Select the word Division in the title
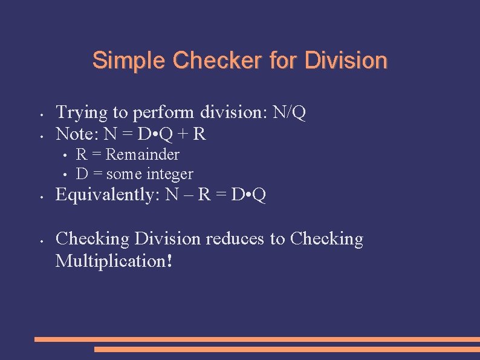(346, 61)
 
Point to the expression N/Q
(290, 113)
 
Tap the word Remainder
(143, 155)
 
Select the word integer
(169, 174)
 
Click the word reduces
(234, 239)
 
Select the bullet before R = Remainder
(63, 155)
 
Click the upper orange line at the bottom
(257, 339)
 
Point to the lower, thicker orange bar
(287, 349)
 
